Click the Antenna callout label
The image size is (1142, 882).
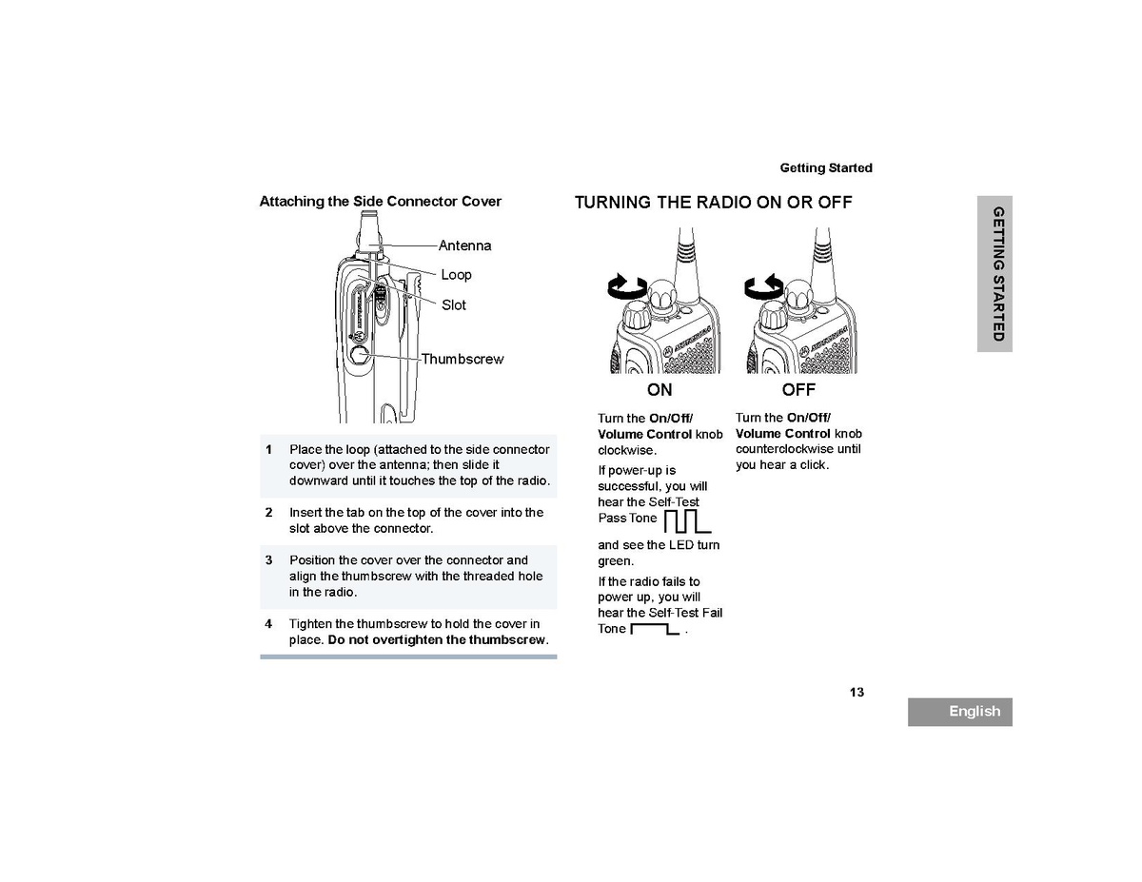(464, 245)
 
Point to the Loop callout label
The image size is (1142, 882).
(456, 275)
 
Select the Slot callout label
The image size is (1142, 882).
(454, 305)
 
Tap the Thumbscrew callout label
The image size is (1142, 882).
(463, 360)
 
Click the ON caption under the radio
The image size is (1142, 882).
(660, 390)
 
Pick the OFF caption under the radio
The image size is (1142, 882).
(798, 390)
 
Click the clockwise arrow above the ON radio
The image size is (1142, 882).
(627, 284)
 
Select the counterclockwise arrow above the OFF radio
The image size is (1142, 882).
(763, 284)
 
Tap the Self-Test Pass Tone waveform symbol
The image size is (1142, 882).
(686, 520)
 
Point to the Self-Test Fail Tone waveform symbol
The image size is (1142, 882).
(655, 629)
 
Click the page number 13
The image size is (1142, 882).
(856, 693)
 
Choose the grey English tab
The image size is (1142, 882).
(959, 712)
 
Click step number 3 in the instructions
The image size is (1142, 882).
(268, 560)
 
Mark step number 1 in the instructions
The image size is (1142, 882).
(268, 449)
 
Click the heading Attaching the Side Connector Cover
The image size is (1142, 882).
(380, 202)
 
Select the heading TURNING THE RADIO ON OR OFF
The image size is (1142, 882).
(713, 203)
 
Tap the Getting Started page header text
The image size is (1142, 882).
(825, 168)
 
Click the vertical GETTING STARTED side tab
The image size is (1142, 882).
(995, 273)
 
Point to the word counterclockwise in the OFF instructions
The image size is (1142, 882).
(784, 449)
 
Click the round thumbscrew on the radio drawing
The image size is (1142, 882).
(359, 355)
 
